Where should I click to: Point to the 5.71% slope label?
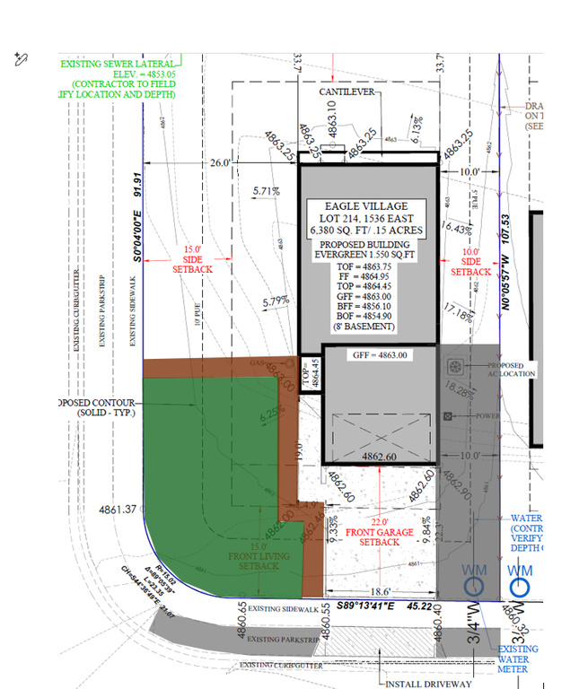267,191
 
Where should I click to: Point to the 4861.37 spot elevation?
118,509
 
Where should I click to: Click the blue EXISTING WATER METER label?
520,659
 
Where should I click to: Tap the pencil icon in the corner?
22,59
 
